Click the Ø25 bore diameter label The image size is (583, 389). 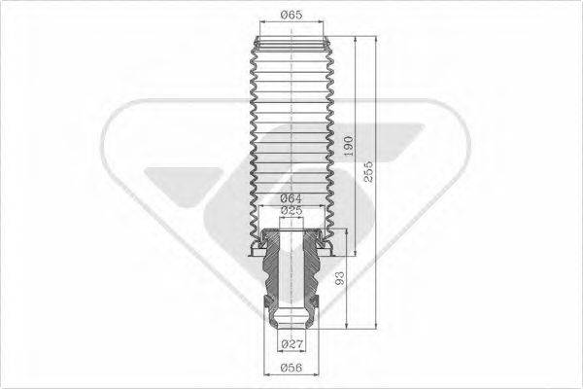(x=291, y=210)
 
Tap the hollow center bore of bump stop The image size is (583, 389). (x=291, y=272)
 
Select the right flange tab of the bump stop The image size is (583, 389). (x=329, y=255)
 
